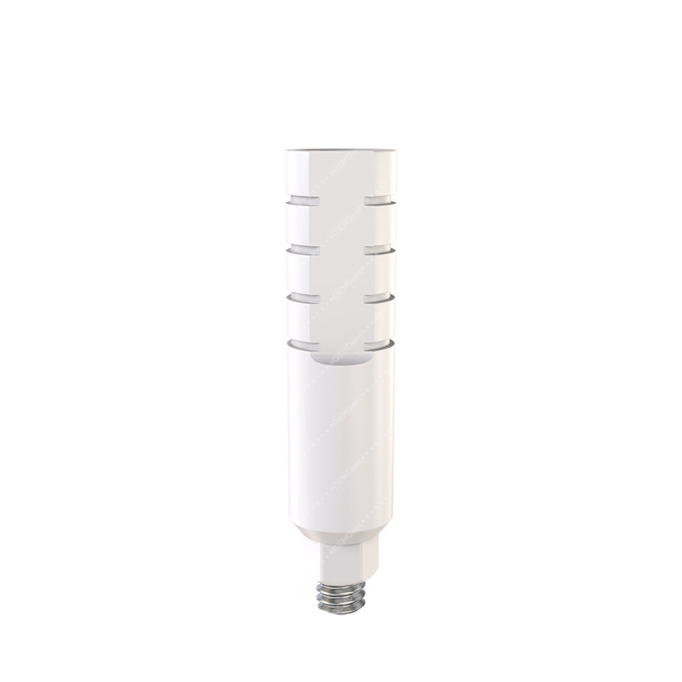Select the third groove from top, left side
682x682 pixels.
(x=300, y=297)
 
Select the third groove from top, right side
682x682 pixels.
(x=380, y=297)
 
